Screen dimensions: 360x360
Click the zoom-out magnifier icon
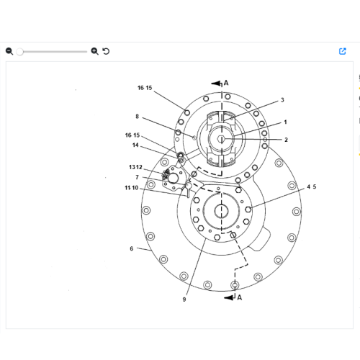pos(9,51)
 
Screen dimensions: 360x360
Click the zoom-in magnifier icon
pos(94,51)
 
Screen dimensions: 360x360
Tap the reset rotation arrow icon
pos(106,51)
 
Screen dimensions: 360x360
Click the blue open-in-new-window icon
pos(343,51)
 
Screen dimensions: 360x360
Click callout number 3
pos(282,100)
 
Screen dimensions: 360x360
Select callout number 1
pos(285,122)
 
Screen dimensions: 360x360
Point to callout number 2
pos(286,140)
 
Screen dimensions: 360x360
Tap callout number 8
pos(137,117)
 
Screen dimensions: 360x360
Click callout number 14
pos(135,145)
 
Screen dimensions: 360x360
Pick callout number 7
pos(137,177)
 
